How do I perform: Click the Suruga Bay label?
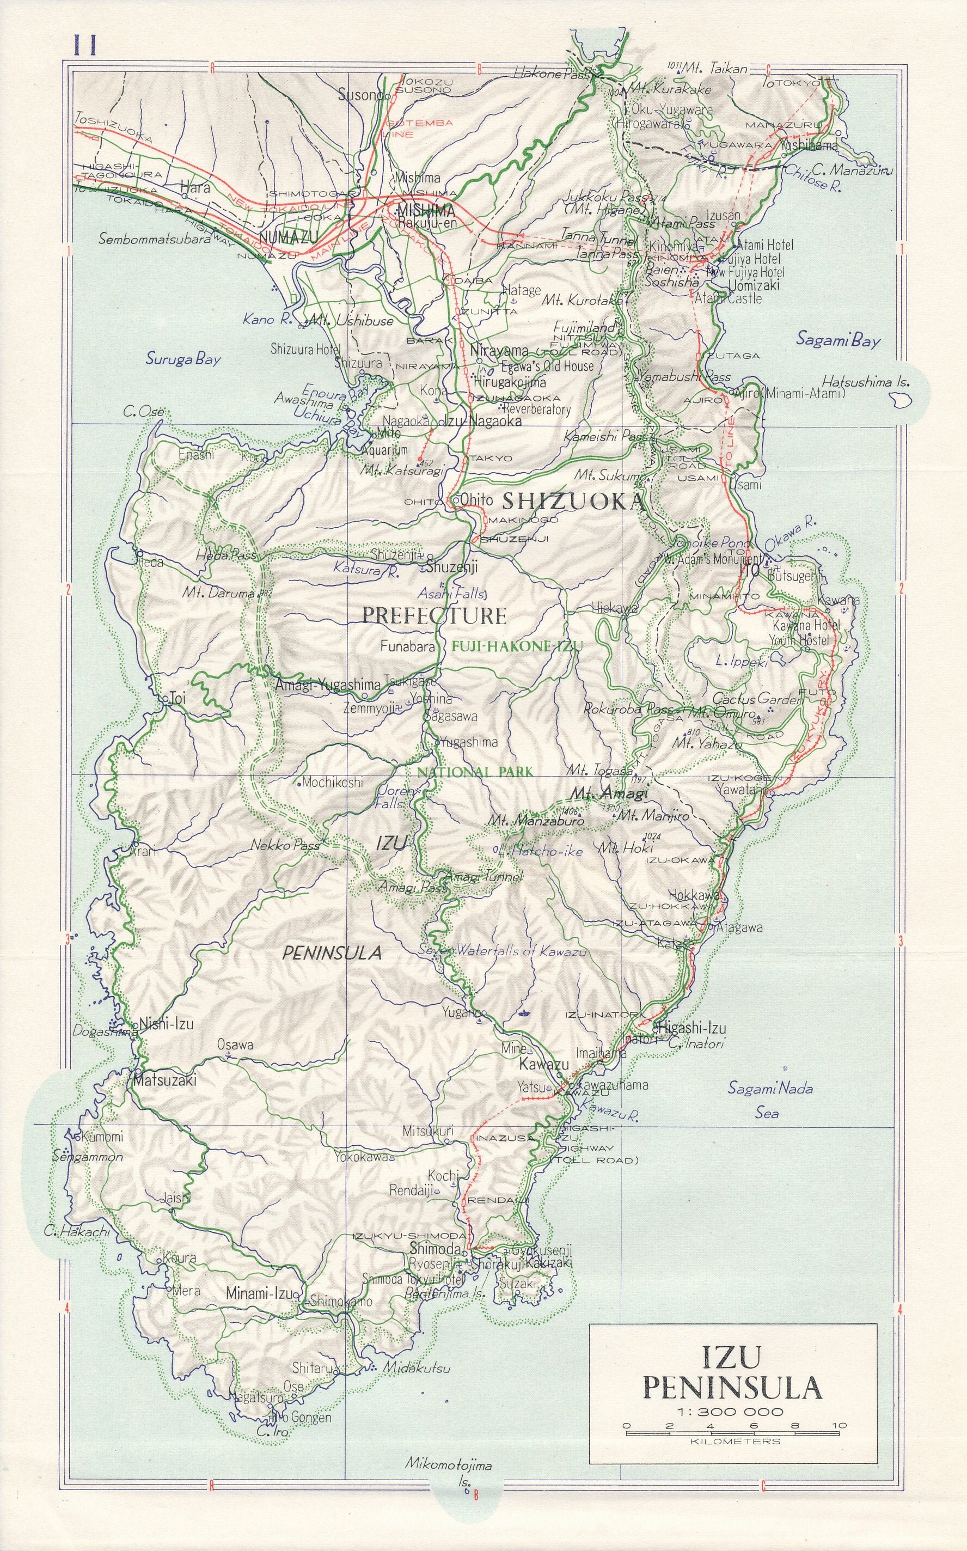click(182, 358)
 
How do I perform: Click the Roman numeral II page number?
click(84, 47)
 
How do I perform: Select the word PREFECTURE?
click(433, 615)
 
